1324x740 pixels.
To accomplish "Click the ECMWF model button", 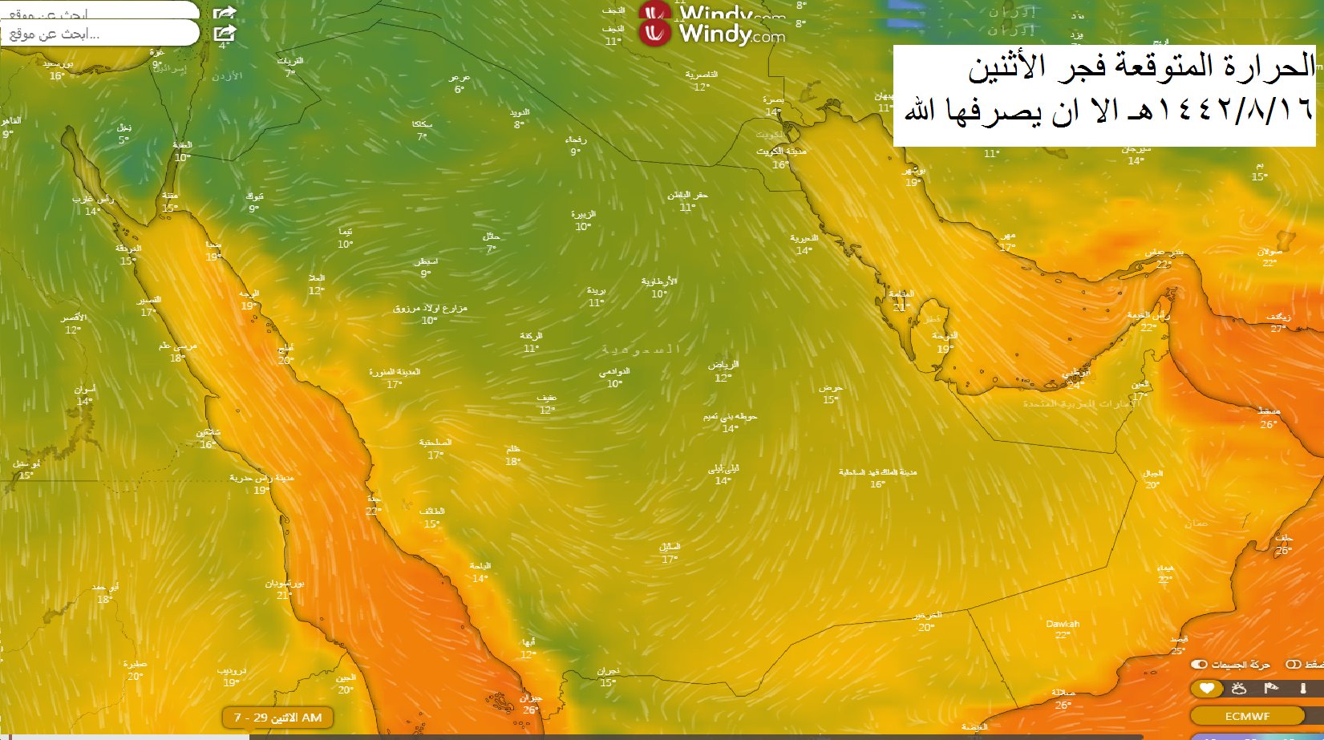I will (1247, 716).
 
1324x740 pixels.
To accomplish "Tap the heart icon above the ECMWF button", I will (1206, 689).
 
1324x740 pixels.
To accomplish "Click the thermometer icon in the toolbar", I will (1303, 689).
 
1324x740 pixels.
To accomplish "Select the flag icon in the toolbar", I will (1271, 689).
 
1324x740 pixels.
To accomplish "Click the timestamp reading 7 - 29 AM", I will (277, 718).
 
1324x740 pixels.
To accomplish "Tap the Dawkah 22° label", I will (1063, 629).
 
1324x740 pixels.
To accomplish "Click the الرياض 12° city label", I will (723, 371).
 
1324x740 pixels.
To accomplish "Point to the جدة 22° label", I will (373, 505).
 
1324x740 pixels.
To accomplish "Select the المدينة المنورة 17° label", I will (394, 378).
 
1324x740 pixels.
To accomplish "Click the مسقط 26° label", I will (1269, 418).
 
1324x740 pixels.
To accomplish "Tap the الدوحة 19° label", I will (945, 342).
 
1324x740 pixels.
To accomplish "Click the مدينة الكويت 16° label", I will (780, 158).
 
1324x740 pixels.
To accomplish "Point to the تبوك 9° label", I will (254, 202).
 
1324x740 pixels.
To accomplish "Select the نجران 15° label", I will (608, 677).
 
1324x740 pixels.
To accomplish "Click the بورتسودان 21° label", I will (284, 589).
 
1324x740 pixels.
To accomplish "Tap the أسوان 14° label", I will (85, 395).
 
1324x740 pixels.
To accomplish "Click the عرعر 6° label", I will (459, 83).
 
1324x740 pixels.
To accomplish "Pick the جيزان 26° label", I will (530, 704).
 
